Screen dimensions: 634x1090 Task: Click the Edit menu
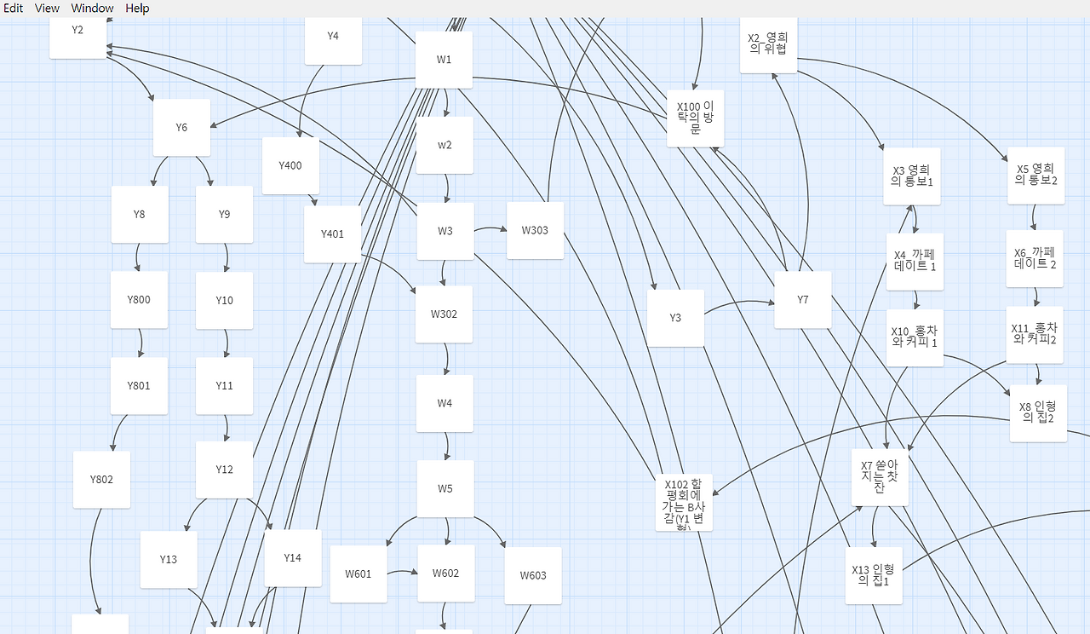tap(13, 8)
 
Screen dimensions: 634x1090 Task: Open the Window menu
tap(92, 8)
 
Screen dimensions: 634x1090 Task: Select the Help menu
tap(137, 8)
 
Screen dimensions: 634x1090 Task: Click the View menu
tap(47, 8)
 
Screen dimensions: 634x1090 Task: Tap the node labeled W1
tap(444, 60)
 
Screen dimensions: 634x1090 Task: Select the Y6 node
tap(181, 128)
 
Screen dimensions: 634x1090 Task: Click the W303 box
tap(535, 230)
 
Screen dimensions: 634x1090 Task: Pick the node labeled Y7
tap(802, 300)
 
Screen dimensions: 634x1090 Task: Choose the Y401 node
tap(332, 234)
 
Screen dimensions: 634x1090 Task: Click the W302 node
tap(444, 314)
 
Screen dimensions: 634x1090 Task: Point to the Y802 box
tap(101, 480)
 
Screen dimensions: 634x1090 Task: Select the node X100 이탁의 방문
tap(695, 118)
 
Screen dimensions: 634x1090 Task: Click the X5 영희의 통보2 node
tap(1035, 176)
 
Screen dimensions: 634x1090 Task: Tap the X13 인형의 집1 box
tap(874, 575)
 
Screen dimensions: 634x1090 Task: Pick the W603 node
tap(532, 576)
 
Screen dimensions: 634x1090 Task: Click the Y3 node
tap(675, 318)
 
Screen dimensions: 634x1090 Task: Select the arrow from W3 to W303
tap(490, 229)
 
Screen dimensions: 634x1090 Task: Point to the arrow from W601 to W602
tap(401, 573)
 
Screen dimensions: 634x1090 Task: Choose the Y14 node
tap(293, 558)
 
